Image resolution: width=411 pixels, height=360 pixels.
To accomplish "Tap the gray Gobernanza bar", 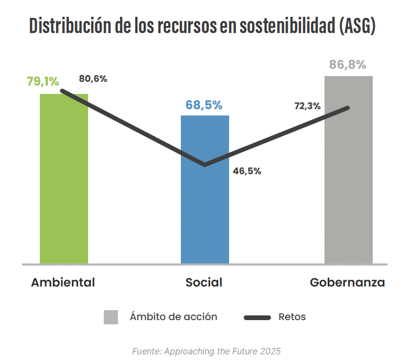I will pos(349,199).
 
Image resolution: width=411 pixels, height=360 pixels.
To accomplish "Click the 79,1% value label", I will pos(43,81).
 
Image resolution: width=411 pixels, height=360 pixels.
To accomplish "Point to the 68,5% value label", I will pos(204,104).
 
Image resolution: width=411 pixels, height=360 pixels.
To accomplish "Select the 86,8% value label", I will pos(348,65).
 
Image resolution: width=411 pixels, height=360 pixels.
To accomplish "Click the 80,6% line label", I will pos(93,79).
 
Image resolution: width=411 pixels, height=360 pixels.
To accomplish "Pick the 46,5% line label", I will pos(247,171).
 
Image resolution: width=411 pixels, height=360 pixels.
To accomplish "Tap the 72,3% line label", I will pos(307,106).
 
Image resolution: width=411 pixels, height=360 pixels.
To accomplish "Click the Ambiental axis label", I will pos(63,282).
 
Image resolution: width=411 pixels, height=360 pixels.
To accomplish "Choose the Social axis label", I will pos(204,282).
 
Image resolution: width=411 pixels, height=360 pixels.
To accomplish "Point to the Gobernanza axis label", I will pos(347,282).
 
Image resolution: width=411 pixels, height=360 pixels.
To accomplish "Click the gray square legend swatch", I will pos(111,317).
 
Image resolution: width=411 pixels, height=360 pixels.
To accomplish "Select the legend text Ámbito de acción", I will pos(174,316).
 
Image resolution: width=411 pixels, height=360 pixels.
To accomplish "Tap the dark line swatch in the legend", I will pos(257,317).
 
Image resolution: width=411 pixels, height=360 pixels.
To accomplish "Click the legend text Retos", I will pos(293,316).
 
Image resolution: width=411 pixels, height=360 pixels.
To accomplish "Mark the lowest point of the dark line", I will pos(204,165).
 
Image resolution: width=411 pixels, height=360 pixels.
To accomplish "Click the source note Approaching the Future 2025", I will pos(206,351).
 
